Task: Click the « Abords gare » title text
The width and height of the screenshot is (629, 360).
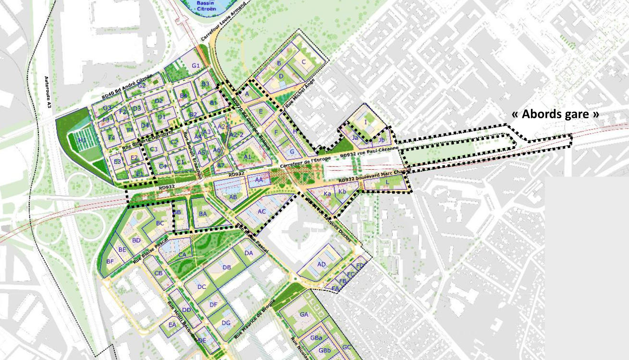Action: (x=556, y=114)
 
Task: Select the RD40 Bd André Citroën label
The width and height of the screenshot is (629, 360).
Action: (x=127, y=87)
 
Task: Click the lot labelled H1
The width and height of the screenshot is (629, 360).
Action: (x=82, y=140)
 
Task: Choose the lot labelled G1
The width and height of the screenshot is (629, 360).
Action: (x=196, y=65)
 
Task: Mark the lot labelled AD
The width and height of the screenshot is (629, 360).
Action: (x=321, y=264)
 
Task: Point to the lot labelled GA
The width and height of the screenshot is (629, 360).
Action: (x=304, y=314)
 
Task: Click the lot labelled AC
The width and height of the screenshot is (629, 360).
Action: (x=261, y=211)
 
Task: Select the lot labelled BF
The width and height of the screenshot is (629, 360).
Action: (x=110, y=261)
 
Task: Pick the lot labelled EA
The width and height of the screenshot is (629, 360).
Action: (x=172, y=325)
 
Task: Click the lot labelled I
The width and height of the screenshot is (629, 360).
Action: (x=366, y=122)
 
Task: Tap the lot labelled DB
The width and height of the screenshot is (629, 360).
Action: (x=227, y=267)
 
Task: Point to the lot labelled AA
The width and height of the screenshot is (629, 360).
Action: (x=259, y=180)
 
